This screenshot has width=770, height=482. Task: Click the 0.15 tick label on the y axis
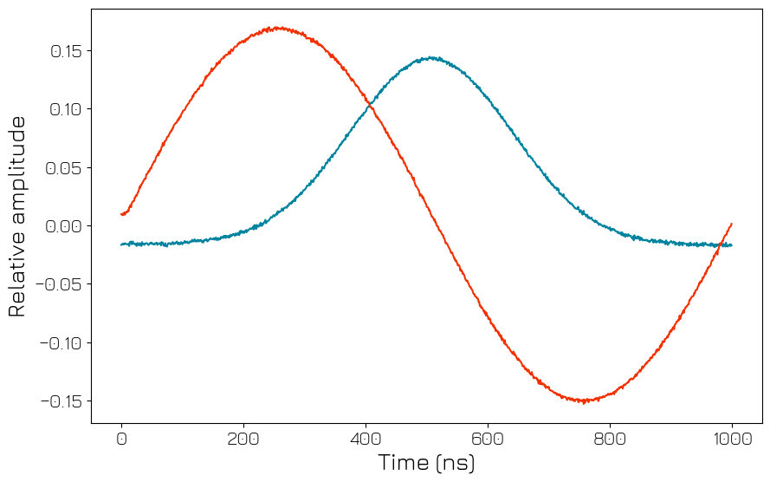(66, 51)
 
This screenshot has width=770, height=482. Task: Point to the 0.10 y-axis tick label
(66, 109)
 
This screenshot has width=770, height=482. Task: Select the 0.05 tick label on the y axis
(66, 167)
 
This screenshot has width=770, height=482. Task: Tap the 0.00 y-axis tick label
(66, 226)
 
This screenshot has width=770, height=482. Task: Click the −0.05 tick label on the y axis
(61, 284)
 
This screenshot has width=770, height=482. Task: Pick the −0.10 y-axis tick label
(61, 343)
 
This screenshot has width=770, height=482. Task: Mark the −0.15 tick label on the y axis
(61, 401)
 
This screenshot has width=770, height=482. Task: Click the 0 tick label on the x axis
(121, 439)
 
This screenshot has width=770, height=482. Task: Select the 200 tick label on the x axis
(243, 439)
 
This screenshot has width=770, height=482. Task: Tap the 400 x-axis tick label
(366, 439)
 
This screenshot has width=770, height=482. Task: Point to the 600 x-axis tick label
(488, 439)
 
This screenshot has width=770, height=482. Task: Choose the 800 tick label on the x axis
(610, 439)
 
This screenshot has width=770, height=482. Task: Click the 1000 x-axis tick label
(732, 439)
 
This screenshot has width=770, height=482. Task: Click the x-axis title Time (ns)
(426, 463)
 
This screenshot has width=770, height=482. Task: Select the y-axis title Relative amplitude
(17, 216)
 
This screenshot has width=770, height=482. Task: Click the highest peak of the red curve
(275, 28)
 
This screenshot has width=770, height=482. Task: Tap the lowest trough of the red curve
(585, 401)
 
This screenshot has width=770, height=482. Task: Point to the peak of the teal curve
(431, 58)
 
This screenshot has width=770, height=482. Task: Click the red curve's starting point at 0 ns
(122, 214)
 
